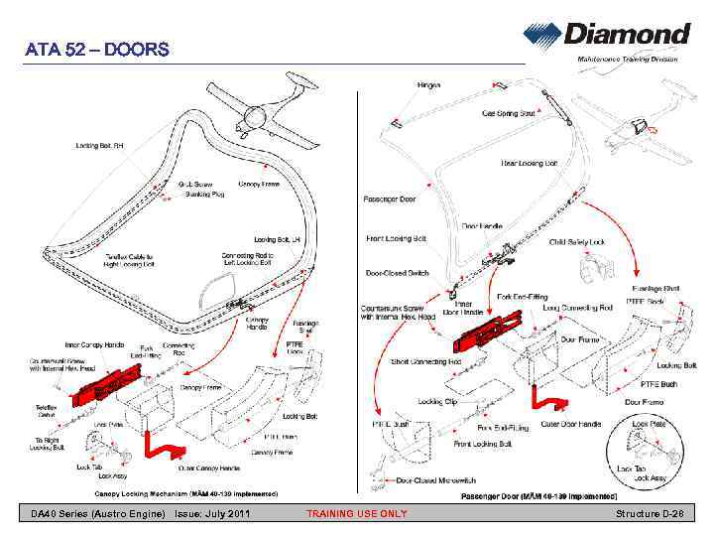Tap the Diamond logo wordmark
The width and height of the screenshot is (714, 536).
point(627,35)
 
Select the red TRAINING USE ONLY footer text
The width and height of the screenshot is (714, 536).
point(356,513)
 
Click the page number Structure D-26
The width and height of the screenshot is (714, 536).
point(655,513)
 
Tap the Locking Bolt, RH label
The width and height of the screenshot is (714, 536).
point(102,146)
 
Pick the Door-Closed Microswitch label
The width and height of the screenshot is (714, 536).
point(441,481)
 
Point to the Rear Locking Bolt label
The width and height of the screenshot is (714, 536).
point(530,163)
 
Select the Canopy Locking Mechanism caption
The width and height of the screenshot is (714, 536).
point(185,492)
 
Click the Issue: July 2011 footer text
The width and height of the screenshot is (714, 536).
point(211,513)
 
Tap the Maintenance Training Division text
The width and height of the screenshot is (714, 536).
point(628,62)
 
